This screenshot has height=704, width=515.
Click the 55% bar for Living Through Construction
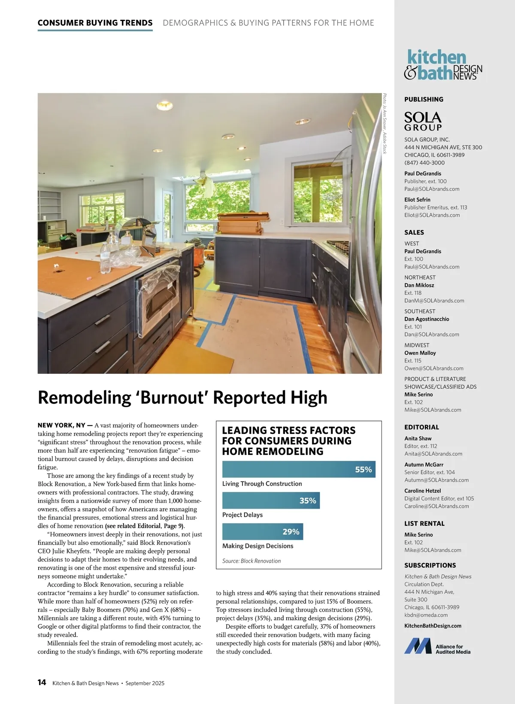point(299,469)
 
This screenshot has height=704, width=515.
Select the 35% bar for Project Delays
point(271,500)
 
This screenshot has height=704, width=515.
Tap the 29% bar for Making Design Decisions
point(263,532)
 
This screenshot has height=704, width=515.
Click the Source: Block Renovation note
point(251,561)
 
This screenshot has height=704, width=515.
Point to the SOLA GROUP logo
point(423,121)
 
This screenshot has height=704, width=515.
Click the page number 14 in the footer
point(42,683)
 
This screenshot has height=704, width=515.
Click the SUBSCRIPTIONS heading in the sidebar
point(430,565)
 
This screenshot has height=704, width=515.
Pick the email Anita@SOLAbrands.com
point(433,454)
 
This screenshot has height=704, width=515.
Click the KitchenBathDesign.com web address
point(433,626)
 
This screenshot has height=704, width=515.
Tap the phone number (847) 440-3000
point(424,163)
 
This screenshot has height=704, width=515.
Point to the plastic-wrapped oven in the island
point(158,292)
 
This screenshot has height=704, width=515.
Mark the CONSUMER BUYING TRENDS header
point(95,23)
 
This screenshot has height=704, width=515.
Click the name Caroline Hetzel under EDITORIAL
point(422,491)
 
